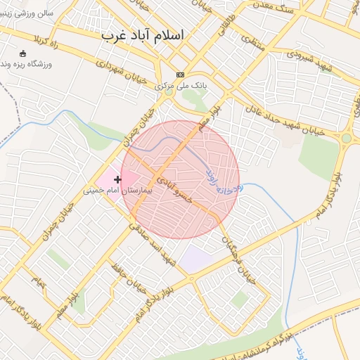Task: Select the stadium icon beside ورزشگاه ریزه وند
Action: click(x=22, y=53)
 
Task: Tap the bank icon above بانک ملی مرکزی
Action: click(x=180, y=75)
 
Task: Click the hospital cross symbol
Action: click(x=117, y=180)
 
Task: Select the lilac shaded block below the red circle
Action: click(x=195, y=259)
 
